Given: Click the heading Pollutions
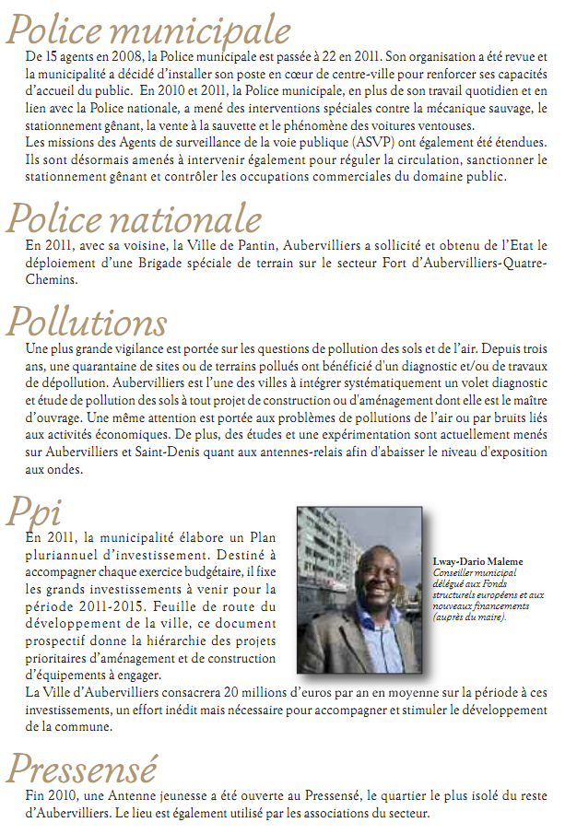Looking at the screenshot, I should pyautogui.click(x=88, y=322).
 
